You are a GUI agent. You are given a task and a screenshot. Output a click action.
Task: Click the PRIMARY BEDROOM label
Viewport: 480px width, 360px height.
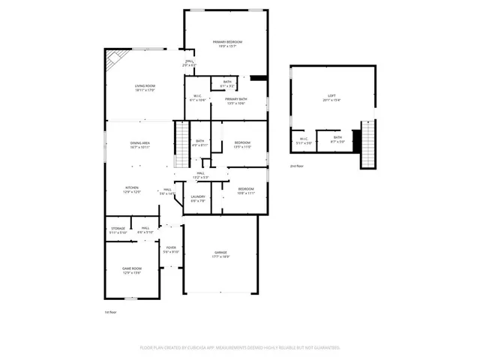coord(227,42)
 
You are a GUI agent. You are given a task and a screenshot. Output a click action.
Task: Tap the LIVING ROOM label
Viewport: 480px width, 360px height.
coord(145,86)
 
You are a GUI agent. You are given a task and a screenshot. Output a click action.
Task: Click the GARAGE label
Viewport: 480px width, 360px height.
coord(221,253)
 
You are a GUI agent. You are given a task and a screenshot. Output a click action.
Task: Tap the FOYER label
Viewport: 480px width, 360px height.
coord(171,247)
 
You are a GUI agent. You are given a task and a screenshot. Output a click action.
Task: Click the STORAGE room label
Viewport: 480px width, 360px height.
coord(118,228)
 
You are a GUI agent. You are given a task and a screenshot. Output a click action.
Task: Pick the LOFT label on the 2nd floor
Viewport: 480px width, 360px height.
coord(331,96)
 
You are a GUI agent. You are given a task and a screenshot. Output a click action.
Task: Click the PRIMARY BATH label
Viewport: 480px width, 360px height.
coord(236,99)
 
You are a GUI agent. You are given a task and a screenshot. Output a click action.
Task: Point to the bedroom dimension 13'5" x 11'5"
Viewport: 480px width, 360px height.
coord(241,147)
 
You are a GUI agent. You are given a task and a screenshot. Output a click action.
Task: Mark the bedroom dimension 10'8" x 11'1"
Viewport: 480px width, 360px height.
coord(246,193)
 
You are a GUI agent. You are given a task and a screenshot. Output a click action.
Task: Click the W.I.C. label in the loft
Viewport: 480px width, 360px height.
coord(303,138)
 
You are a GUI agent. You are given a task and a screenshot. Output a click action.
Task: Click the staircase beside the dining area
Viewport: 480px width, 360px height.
coord(181,144)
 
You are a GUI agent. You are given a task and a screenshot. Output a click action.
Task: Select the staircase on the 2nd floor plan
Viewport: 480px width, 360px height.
coord(367,144)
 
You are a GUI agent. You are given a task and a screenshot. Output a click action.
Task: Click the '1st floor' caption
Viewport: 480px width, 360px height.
coord(112,311)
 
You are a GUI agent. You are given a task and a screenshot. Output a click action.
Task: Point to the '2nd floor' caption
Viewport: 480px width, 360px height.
coord(298,166)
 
